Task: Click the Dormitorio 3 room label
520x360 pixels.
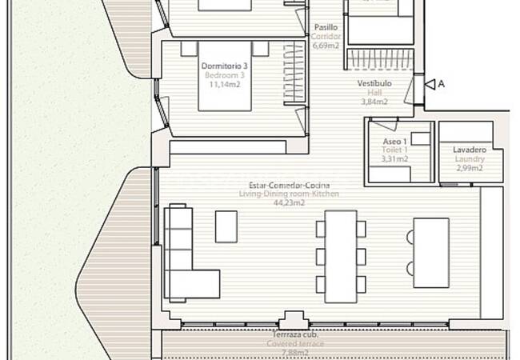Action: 225,66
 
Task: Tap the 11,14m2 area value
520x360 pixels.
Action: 225,83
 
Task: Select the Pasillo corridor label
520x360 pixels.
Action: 326,27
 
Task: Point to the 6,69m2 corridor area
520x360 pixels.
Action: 326,46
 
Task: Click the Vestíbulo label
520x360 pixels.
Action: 374,82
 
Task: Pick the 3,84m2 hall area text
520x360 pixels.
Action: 374,102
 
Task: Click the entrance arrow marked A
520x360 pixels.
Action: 432,83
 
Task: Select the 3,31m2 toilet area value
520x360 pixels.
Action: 394,158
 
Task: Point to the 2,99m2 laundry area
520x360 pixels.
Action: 470,168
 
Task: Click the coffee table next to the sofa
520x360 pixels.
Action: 226,226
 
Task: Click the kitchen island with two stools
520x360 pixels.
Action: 430,253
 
